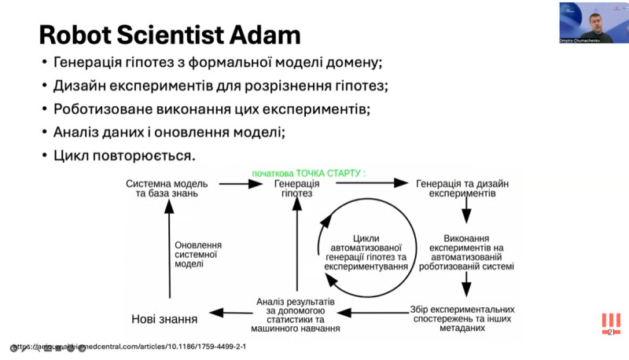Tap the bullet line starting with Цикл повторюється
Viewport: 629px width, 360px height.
click(x=123, y=155)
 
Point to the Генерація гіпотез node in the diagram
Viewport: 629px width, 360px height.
click(x=296, y=188)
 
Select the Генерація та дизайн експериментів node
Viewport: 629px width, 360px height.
click(x=462, y=188)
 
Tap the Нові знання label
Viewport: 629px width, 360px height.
click(x=164, y=318)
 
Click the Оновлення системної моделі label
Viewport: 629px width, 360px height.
click(x=197, y=254)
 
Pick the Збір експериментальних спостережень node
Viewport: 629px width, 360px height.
click(x=462, y=318)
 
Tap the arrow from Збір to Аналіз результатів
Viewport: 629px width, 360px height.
click(x=377, y=313)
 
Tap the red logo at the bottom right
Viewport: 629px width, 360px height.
click(x=610, y=324)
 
